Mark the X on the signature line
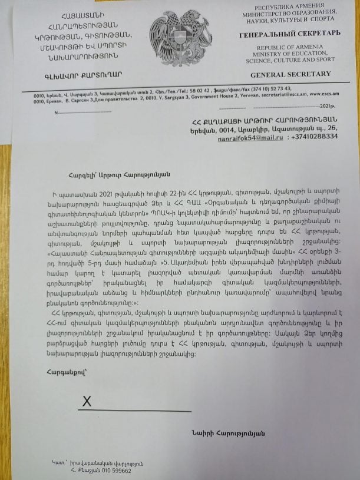coord(87,402)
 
